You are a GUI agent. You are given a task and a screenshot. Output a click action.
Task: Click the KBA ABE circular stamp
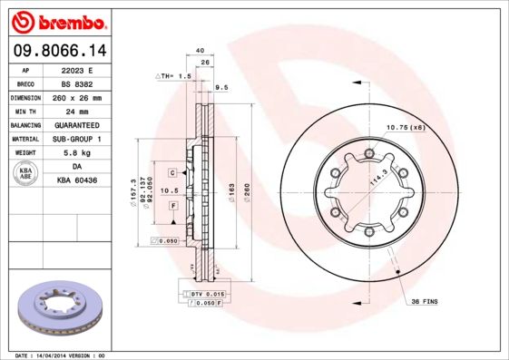tap(26, 174)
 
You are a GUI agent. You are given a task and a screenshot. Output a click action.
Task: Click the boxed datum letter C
tap(171, 170)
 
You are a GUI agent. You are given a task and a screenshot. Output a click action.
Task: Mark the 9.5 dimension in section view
tap(220, 87)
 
